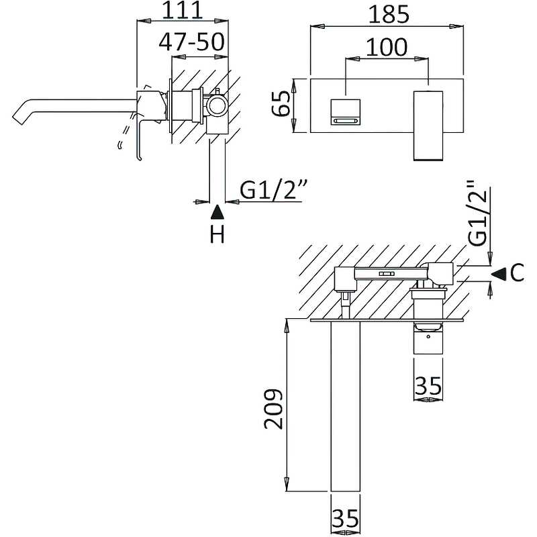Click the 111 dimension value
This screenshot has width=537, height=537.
coord(183,11)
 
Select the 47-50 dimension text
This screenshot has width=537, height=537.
coord(191,42)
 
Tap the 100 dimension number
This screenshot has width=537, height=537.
coord(387,47)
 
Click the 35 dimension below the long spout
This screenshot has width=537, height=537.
coord(345,519)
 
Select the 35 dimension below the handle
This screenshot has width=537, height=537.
coord(428,386)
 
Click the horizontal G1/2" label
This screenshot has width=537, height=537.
coord(273,192)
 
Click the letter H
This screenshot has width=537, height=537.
coord(217,235)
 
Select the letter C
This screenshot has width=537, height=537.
coord(516,273)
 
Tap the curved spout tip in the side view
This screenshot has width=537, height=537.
coord(20,114)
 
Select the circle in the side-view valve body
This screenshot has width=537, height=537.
coord(217,106)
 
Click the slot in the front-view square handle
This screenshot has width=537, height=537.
coord(346,120)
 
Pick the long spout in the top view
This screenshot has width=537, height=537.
coord(345,409)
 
